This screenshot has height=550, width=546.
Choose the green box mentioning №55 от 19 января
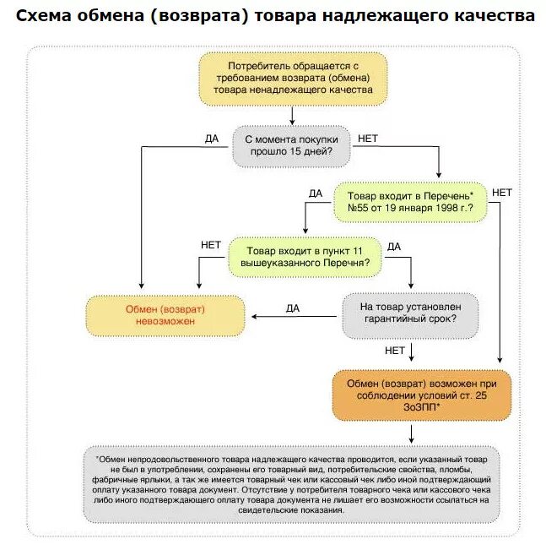pos(410,200)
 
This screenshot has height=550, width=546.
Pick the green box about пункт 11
pos(305,257)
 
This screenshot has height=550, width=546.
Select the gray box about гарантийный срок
pos(409,314)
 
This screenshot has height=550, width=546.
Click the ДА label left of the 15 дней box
pos(212,139)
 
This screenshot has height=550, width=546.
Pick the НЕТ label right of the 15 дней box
pos(369,138)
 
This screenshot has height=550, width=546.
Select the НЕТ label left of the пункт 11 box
pos(211,245)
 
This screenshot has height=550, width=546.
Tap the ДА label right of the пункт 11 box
pos(394,247)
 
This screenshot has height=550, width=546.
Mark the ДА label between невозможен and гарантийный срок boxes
pos(293,308)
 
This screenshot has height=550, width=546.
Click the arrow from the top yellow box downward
pos(292,114)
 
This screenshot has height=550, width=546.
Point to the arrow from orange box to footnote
pos(411,432)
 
